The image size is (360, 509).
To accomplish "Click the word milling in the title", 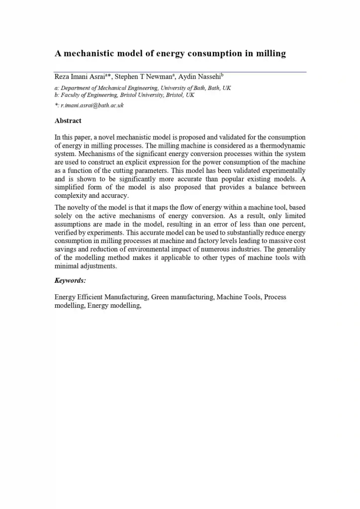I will tap(270, 54).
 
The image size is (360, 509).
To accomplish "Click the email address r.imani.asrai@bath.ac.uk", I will tap(91, 105).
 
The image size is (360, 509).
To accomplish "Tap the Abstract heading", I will tap(68, 121).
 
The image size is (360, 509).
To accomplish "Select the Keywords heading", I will tap(70, 280).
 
